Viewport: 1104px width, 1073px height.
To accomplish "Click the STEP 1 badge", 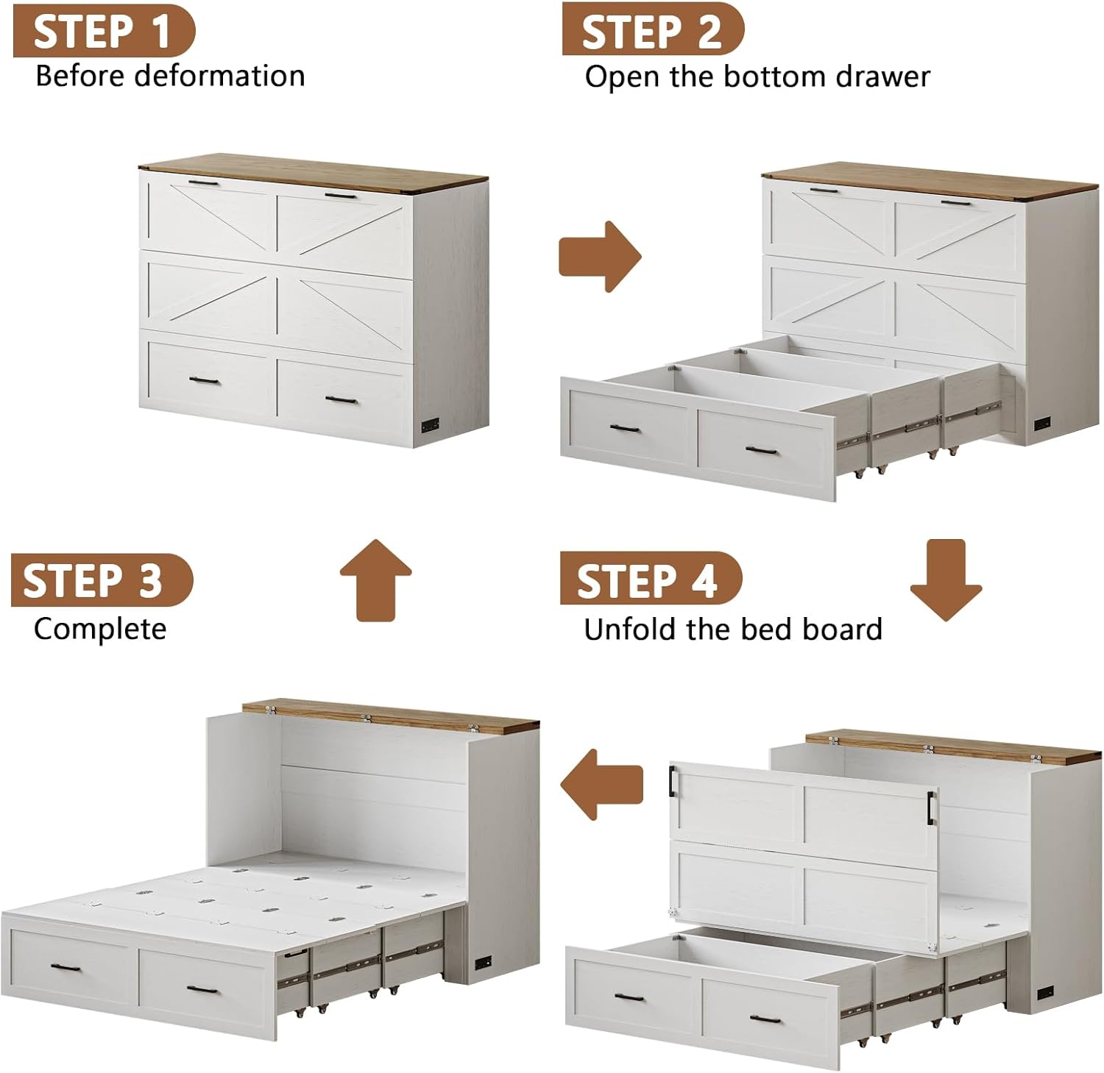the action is (104, 31).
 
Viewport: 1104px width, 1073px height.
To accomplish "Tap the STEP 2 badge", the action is (653, 29).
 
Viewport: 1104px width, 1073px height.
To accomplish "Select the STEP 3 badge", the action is (102, 580).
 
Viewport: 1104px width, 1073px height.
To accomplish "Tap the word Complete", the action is (100, 630).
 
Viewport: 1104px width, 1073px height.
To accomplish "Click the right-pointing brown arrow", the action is (601, 257).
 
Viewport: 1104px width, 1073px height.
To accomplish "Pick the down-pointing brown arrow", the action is (946, 580).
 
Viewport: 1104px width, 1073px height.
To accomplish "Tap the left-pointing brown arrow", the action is (602, 785).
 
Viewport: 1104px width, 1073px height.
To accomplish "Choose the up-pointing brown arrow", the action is (376, 580).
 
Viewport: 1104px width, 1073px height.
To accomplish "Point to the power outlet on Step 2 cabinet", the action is (1042, 424).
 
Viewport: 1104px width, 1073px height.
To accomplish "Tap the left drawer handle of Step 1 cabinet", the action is (204, 380).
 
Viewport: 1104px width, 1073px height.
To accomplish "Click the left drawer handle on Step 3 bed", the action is (66, 967).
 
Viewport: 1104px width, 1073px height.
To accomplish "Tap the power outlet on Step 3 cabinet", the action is (484, 963).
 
